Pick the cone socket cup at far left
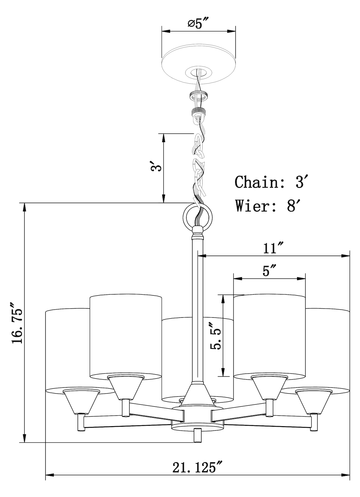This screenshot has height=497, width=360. [81, 401]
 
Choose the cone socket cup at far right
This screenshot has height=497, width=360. [313, 401]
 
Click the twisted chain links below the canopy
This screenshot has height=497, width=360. [199, 166]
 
